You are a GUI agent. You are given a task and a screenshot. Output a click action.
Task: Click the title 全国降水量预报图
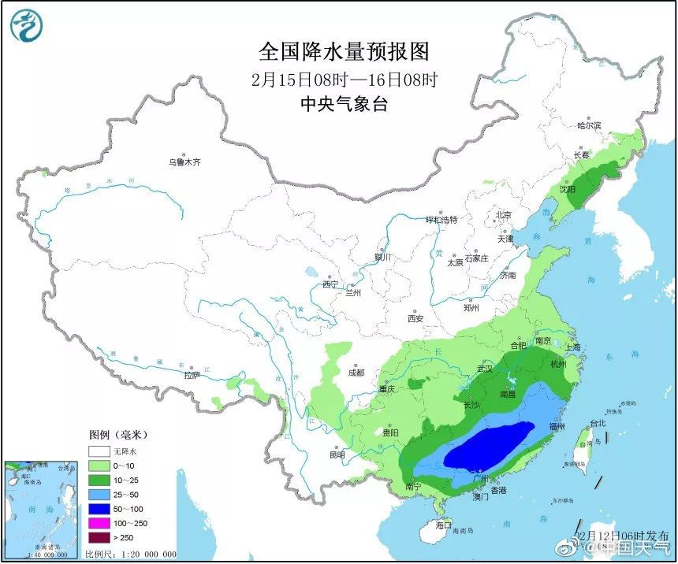click(x=345, y=52)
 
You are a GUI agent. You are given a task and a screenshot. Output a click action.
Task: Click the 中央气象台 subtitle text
click(x=345, y=104)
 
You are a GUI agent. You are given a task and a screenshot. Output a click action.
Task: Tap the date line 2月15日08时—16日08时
click(x=345, y=79)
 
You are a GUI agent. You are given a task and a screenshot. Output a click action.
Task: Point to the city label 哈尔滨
click(x=588, y=125)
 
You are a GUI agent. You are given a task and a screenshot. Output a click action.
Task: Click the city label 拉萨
click(x=192, y=375)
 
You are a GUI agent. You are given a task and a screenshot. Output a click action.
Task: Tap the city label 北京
click(x=504, y=215)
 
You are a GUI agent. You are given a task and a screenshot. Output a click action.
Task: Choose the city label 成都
click(x=355, y=373)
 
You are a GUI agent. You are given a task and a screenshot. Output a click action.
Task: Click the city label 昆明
click(x=337, y=454)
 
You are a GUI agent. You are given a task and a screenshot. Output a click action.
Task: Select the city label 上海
click(x=573, y=347)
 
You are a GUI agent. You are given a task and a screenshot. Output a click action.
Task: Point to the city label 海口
click(x=445, y=525)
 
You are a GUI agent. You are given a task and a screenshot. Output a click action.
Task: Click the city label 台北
click(x=597, y=423)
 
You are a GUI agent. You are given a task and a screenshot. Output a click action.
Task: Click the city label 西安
click(x=415, y=319)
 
